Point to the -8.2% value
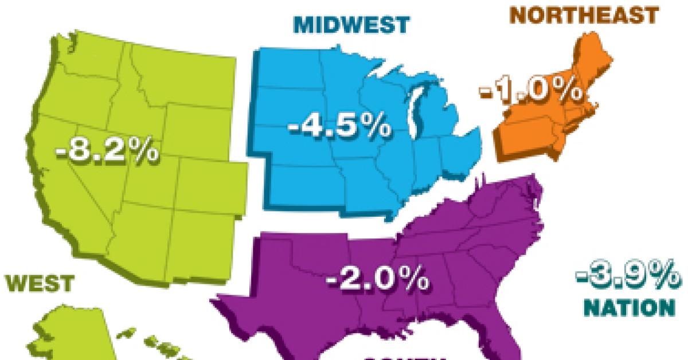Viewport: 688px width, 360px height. (x=107, y=152)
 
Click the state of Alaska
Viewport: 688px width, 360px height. (x=69, y=332)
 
